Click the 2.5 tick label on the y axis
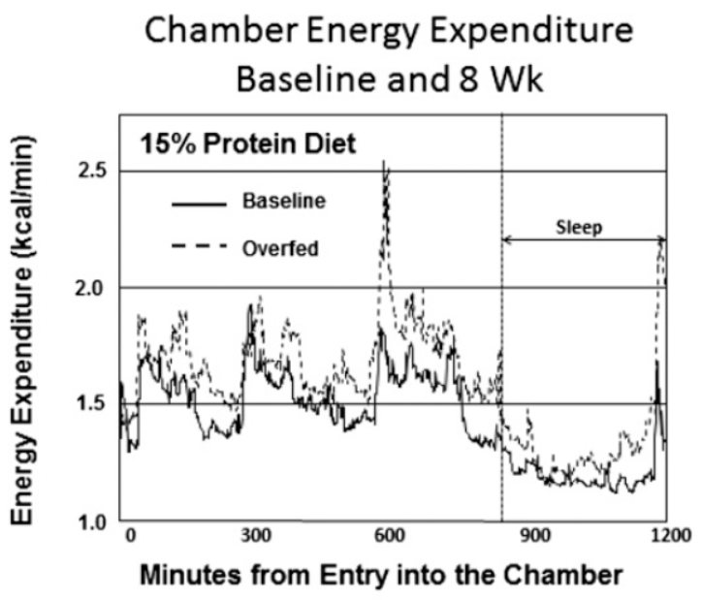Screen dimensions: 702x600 click(x=93, y=171)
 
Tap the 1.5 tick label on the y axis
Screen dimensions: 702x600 click(x=91, y=403)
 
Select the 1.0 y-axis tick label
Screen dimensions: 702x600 click(x=93, y=522)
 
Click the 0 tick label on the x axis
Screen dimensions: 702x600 click(x=130, y=536)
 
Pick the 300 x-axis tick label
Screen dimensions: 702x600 click(x=256, y=536)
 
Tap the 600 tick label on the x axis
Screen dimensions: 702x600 click(x=389, y=536)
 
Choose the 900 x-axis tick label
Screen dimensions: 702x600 click(x=535, y=536)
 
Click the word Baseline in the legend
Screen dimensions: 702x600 click(x=284, y=201)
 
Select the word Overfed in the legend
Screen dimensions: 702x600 click(x=281, y=249)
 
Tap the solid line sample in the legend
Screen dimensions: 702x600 click(x=199, y=205)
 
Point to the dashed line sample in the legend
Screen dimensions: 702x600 click(x=199, y=245)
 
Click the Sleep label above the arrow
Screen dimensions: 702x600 click(x=579, y=228)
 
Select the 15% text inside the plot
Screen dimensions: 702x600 click(x=169, y=144)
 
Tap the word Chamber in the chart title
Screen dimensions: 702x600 click(x=222, y=31)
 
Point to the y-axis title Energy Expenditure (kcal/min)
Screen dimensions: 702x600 click(x=22, y=331)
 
